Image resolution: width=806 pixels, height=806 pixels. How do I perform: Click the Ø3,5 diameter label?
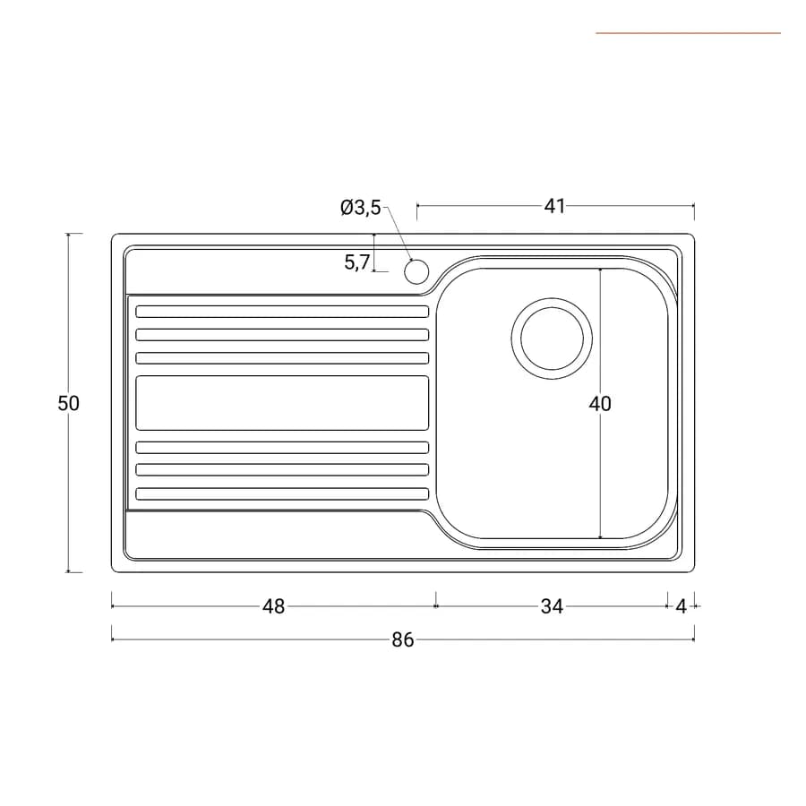pos(360,208)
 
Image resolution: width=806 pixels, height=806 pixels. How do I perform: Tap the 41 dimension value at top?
pos(554,206)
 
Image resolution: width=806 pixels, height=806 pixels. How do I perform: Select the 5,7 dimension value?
pos(356,262)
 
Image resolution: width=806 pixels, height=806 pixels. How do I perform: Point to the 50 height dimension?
pos(68,404)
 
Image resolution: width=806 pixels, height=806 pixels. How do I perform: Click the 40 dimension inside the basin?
pos(600,404)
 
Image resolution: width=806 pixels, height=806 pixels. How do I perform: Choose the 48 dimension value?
pos(273,606)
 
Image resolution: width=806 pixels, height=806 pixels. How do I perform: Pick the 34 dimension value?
pos(552,606)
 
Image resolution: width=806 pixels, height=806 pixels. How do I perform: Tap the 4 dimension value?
pos(682,607)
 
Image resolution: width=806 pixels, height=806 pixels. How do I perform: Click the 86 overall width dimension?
pos(402,640)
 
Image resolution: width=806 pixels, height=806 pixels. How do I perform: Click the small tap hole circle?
pos(416,271)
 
